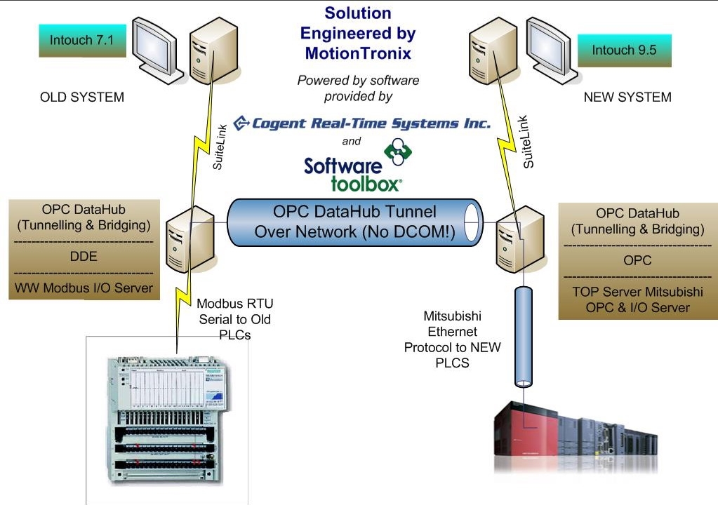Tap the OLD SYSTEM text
[81, 97]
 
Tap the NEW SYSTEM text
[627, 97]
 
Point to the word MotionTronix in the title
[358, 53]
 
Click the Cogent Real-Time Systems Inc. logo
[361, 124]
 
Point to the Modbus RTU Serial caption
[234, 320]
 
